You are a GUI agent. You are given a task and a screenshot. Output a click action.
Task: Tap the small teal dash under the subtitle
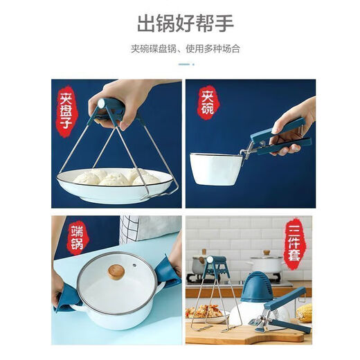(x=183, y=64)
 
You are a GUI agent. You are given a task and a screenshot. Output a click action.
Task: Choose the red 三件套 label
(x=295, y=243)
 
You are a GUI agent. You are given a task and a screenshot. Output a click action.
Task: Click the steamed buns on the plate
(x=114, y=178)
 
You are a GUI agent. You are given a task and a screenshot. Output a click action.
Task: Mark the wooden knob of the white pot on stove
(x=266, y=253)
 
